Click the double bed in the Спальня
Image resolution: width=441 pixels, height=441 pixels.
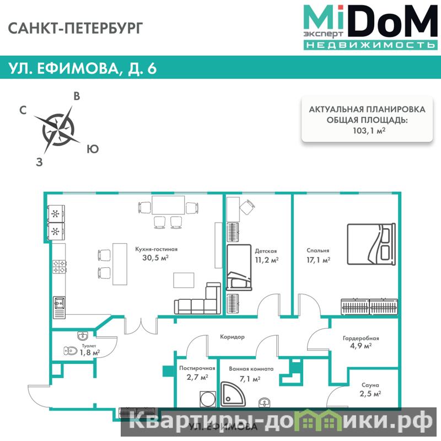pyautogui.click(x=371, y=244)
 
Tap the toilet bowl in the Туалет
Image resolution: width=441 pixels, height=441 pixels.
pyautogui.click(x=71, y=351)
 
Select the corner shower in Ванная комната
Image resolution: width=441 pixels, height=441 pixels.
pyautogui.click(x=233, y=394)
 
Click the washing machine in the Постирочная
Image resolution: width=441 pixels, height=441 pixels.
pyautogui.click(x=208, y=399)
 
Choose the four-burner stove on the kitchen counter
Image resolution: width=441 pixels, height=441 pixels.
pyautogui.click(x=60, y=267)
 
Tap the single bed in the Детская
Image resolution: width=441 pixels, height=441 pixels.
pyautogui.click(x=239, y=267)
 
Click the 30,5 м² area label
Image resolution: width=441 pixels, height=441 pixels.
pyautogui.click(x=155, y=257)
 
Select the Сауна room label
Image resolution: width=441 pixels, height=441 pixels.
pyautogui.click(x=370, y=385)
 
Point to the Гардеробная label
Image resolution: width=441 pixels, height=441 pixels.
pyautogui.click(x=361, y=338)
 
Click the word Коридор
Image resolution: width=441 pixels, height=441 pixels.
pyautogui.click(x=232, y=337)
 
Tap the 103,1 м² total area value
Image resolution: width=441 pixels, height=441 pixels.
pyautogui.click(x=369, y=131)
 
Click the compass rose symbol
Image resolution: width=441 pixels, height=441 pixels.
pyautogui.click(x=58, y=130)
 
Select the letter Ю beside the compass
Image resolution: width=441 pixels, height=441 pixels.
pyautogui.click(x=93, y=149)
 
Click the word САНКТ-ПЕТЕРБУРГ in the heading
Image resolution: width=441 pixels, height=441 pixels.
pyautogui.click(x=76, y=29)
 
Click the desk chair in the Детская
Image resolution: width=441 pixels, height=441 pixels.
pyautogui.click(x=247, y=207)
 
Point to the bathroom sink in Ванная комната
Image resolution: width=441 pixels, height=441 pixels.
pyautogui.click(x=265, y=402)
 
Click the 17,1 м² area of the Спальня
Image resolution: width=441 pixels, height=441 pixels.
pyautogui.click(x=318, y=260)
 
